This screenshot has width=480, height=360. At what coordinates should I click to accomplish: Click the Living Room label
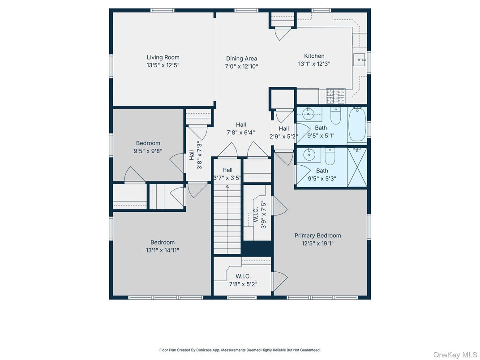click(x=163, y=57)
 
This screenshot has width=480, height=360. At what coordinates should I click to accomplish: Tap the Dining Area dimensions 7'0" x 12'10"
click(x=241, y=66)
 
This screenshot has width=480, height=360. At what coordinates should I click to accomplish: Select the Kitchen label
click(x=314, y=56)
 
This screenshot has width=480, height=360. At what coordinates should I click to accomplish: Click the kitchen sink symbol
click(x=360, y=60)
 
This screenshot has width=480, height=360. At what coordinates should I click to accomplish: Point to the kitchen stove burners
click(x=335, y=96)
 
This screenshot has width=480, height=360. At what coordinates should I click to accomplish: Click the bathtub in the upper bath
click(x=357, y=124)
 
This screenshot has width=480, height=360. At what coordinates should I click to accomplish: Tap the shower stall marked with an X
click(x=357, y=167)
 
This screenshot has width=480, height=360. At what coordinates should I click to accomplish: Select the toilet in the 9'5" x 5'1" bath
click(x=335, y=116)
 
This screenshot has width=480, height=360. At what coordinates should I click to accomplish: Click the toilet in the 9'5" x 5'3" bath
click(x=330, y=156)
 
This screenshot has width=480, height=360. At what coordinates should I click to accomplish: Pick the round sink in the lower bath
click(x=309, y=154)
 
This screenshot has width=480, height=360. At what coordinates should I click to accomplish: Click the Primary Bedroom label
click(x=317, y=236)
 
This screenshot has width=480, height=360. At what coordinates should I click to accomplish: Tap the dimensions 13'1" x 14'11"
click(x=162, y=250)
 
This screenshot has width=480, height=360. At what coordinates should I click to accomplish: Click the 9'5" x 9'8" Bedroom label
click(x=148, y=147)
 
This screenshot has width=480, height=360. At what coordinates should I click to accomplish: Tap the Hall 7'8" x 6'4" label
click(x=240, y=129)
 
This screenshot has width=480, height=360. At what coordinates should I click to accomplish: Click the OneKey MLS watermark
click(x=455, y=355)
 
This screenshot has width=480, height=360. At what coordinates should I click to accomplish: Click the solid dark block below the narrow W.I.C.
click(x=257, y=248)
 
